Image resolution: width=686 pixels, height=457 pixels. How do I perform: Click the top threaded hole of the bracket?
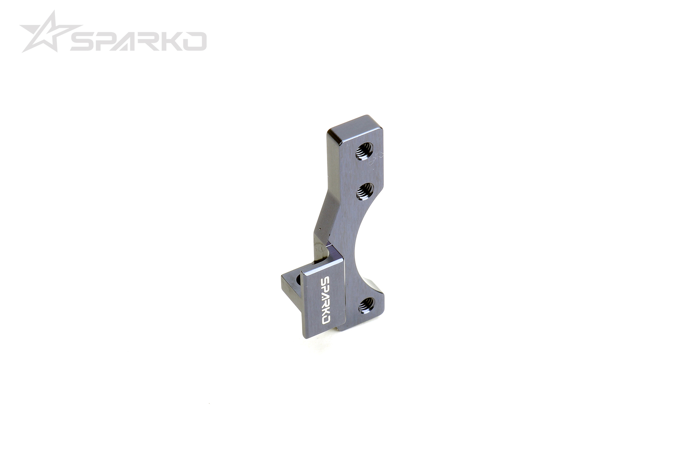pyautogui.click(x=364, y=151)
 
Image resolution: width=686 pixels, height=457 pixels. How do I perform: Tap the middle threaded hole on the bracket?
pyautogui.click(x=365, y=191)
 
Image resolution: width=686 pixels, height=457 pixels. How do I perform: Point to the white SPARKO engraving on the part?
pyautogui.click(x=325, y=300)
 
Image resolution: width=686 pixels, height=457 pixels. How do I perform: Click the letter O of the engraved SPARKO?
pyautogui.click(x=325, y=320)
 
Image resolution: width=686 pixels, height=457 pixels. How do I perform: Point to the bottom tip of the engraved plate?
pyautogui.click(x=305, y=336)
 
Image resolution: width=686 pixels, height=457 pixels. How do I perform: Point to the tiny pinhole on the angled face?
pyautogui.click(x=320, y=229)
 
